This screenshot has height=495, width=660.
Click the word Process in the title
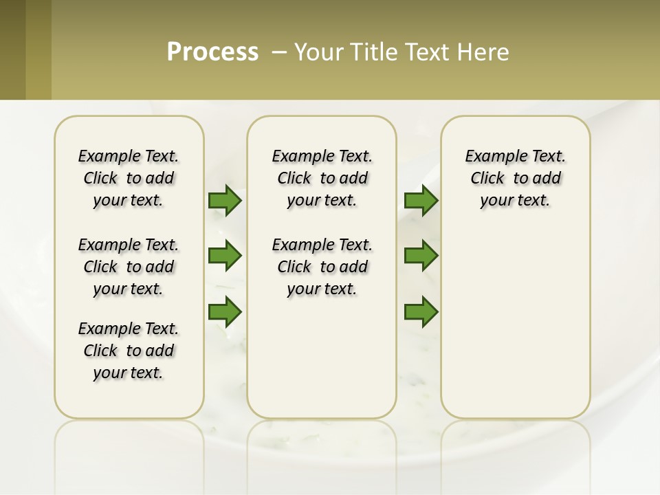click(212, 52)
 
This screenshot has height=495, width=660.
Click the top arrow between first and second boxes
click(225, 201)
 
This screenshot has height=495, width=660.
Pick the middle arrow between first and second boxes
click(225, 256)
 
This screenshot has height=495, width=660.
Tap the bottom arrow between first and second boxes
click(225, 311)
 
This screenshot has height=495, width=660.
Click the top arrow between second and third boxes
click(421, 201)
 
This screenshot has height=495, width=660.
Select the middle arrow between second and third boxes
click(421, 256)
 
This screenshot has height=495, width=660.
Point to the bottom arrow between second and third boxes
click(421, 311)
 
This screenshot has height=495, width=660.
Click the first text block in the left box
click(129, 178)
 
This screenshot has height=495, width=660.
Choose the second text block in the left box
click(129, 267)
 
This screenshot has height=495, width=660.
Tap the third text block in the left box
click(129, 351)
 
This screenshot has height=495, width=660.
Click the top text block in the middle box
click(322, 178)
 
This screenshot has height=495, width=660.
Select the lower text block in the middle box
click(322, 267)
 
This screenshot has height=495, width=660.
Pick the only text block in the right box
click(516, 178)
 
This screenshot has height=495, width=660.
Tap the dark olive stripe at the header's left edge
click(12, 49)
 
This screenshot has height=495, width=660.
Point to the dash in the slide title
click(279, 52)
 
